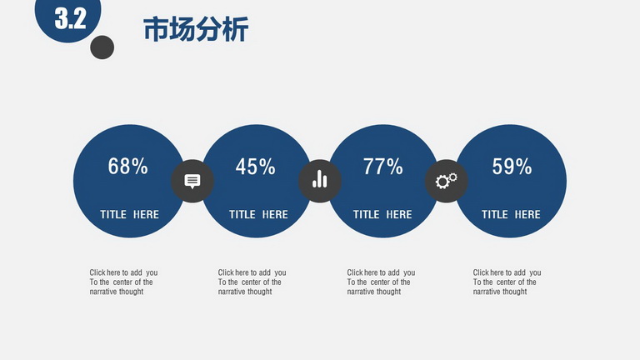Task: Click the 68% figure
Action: (127, 166)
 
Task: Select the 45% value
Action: (256, 167)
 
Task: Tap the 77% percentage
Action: (382, 167)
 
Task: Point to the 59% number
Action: (512, 166)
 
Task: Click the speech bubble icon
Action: (192, 181)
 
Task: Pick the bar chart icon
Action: (320, 179)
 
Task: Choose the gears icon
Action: (446, 180)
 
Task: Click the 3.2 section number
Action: (70, 18)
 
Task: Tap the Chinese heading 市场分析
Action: (196, 29)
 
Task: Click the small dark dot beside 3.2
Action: (102, 47)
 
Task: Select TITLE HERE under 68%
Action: (129, 215)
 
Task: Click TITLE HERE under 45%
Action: (258, 215)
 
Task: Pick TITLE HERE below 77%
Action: (382, 215)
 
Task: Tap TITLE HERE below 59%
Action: (511, 215)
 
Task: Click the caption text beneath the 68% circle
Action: (123, 282)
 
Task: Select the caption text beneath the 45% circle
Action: (252, 282)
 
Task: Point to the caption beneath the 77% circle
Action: (381, 282)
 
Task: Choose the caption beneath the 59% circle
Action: (507, 282)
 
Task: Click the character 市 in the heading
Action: (156, 29)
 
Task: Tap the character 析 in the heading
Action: (236, 29)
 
